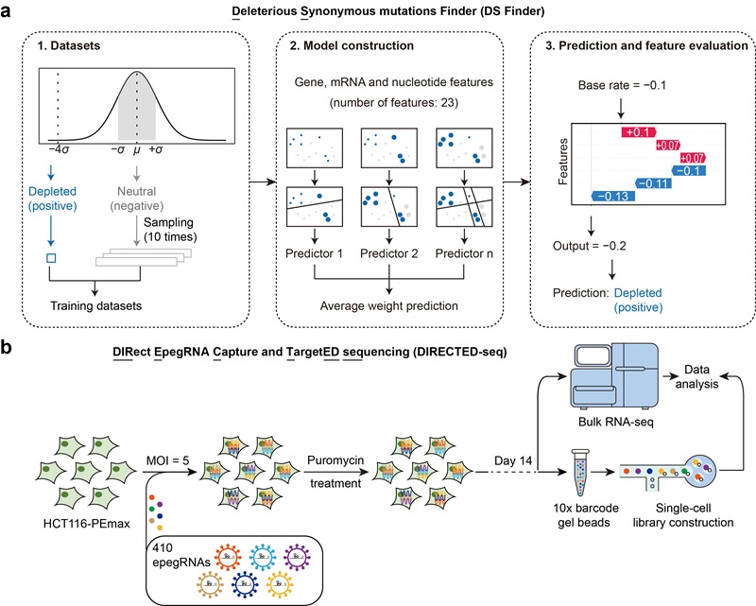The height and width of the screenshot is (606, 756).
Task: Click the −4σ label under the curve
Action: [59, 149]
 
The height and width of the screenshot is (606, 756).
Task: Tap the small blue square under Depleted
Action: [51, 258]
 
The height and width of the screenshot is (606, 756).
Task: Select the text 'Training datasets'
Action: [96, 306]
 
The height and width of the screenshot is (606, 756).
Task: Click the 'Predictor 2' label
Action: [389, 253]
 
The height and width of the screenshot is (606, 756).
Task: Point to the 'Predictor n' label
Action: [464, 253]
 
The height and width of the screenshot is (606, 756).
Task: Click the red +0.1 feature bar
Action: [639, 132]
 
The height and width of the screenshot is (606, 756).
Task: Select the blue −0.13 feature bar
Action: [612, 196]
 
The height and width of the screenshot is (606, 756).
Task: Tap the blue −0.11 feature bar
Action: [653, 183]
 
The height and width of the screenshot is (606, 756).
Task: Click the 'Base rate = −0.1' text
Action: [622, 85]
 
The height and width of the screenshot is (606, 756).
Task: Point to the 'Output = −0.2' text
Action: [589, 246]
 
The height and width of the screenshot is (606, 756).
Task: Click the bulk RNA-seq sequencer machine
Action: [615, 375]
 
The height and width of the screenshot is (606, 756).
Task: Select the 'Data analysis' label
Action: [696, 377]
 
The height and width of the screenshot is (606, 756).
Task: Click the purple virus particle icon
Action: [297, 557]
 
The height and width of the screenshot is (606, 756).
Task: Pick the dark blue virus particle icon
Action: [245, 584]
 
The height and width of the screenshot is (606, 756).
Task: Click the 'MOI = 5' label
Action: [168, 460]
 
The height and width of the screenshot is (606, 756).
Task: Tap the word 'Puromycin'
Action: [335, 460]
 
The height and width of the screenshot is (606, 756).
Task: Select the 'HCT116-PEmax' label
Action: [87, 524]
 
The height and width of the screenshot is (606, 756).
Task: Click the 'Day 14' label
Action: [513, 460]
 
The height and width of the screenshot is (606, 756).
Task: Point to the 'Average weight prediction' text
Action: [389, 306]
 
